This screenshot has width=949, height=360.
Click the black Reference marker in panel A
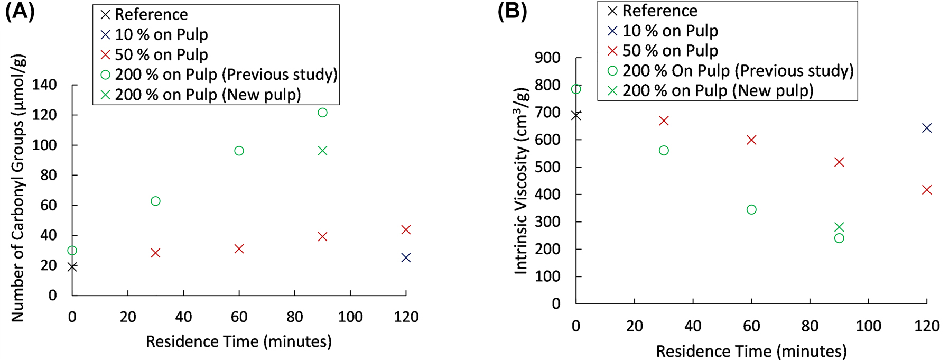point(72,267)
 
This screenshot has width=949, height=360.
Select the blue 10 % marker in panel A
point(406,257)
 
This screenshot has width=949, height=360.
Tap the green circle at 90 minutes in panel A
point(322,113)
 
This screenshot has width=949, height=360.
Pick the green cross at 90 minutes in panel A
point(322,151)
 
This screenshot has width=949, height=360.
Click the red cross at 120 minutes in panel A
point(406,229)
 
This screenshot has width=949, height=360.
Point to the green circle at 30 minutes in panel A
point(155,201)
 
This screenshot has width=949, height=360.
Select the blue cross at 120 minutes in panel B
point(926,128)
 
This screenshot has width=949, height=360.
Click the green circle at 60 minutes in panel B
point(751,210)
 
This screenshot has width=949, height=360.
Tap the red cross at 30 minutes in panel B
point(664,121)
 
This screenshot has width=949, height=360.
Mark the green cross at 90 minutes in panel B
point(839,227)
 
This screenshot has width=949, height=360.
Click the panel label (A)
point(20,11)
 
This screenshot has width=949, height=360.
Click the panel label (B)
point(512,11)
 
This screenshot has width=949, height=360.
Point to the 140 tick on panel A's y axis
point(45,85)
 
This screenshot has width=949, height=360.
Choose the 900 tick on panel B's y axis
point(547,58)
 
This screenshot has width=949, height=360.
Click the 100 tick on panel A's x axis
point(350,317)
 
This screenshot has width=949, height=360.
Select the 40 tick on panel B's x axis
point(693,326)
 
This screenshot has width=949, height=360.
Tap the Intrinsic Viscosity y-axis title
point(522,181)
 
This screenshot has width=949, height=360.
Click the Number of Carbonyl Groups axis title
point(18,188)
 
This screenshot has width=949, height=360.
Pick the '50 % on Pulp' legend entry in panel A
point(161,54)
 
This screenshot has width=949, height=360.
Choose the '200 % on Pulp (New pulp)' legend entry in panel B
point(718,90)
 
